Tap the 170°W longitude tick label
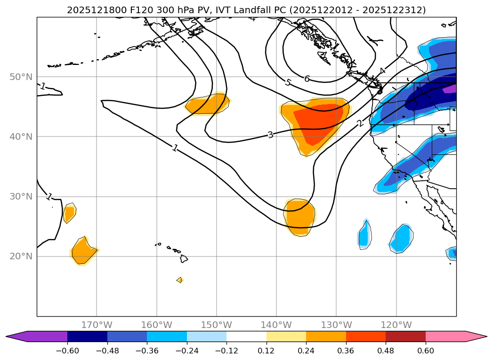click(97, 325)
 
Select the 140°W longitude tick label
click(276, 325)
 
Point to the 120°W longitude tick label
click(396, 325)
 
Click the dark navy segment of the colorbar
click(88, 336)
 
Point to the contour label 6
click(307, 79)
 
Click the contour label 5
click(288, 82)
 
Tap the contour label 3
click(270, 135)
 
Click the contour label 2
click(360, 123)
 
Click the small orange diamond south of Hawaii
click(179, 280)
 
